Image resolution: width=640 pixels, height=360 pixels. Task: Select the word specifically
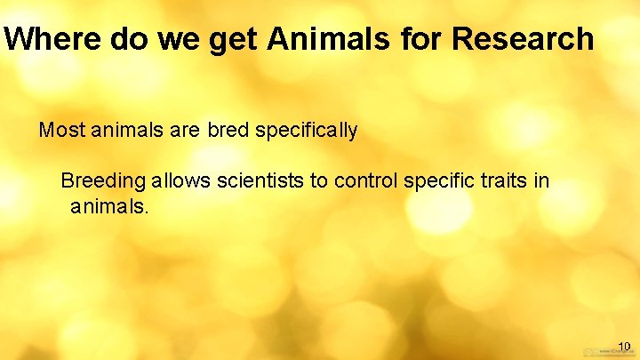coord(307,131)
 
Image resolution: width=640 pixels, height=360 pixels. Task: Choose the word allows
coord(181,181)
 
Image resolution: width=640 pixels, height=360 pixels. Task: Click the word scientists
coord(260,181)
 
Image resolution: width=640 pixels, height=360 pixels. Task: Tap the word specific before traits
coord(437,181)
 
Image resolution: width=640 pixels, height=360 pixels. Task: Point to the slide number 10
coord(624,346)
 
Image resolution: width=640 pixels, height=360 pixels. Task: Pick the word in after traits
coord(542,181)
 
